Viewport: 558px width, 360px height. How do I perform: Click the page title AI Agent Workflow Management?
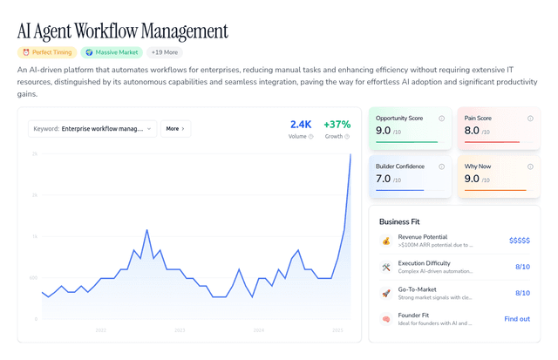123,31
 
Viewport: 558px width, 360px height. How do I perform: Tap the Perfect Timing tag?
48,52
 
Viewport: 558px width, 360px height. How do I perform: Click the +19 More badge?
166,52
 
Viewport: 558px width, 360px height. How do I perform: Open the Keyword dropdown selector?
92,128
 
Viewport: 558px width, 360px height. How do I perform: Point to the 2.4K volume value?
300,125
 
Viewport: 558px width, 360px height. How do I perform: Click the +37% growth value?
336,125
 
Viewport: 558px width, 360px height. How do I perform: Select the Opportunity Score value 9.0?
383,131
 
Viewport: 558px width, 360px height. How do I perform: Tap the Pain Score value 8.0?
472,131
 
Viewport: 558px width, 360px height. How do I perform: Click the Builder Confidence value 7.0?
383,179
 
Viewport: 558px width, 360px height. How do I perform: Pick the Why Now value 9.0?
472,179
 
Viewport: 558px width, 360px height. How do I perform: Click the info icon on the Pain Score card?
530,118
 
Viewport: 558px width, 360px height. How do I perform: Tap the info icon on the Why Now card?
530,166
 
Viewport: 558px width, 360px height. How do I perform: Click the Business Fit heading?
405,221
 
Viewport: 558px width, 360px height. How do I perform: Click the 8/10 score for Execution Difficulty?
521,267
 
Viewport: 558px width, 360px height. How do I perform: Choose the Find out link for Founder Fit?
516,319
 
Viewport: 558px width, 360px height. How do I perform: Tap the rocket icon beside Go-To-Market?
385,293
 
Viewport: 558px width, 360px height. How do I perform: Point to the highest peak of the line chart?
350,154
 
